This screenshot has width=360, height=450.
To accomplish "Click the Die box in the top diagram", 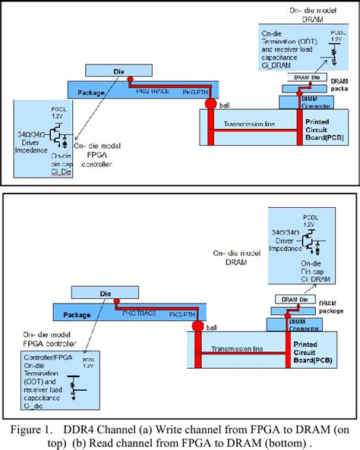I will point(118,71).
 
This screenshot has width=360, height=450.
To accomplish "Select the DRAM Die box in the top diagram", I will point(302,78).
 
